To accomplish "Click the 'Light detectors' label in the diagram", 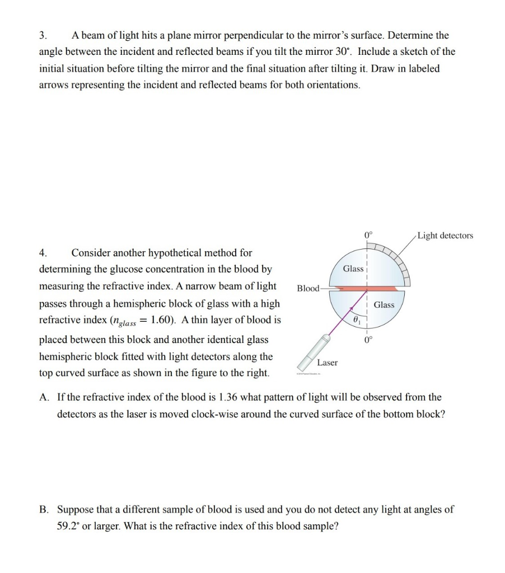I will pyautogui.click(x=445, y=236).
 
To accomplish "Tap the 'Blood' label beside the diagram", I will pyautogui.click(x=307, y=289).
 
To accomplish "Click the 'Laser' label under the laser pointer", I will pyautogui.click(x=328, y=363).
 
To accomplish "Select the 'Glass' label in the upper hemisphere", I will pyautogui.click(x=353, y=269).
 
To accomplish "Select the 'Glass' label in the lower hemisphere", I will pyautogui.click(x=384, y=305).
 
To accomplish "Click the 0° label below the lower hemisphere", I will pyautogui.click(x=368, y=340).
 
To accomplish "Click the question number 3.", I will pyautogui.click(x=42, y=35).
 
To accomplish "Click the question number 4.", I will pyautogui.click(x=42, y=253).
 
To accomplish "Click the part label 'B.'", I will pyautogui.click(x=44, y=510).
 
